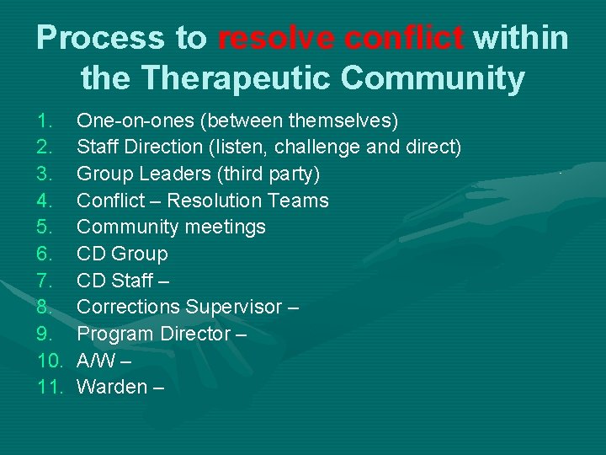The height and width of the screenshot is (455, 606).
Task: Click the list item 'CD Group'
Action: pos(122,254)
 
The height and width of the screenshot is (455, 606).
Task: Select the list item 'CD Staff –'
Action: pos(124,281)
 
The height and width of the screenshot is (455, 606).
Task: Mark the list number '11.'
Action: pos(50,388)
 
